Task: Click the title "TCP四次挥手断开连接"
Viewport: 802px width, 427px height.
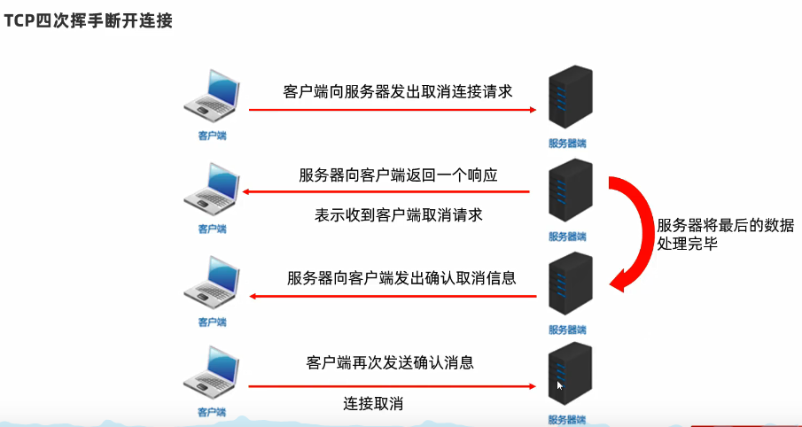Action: coord(87,20)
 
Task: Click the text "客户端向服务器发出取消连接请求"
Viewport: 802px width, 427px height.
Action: coord(398,91)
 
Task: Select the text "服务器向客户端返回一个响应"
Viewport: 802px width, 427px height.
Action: coord(398,175)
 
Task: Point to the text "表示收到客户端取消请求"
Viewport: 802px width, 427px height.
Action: coord(398,215)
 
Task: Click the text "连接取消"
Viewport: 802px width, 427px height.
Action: coord(373,404)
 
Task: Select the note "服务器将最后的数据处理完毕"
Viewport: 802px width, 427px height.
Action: coord(725,235)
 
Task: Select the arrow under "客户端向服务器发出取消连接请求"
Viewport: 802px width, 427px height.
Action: coord(393,110)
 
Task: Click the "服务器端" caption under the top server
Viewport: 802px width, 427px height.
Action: coord(567,143)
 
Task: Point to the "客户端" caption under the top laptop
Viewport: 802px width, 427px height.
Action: coord(212,136)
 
